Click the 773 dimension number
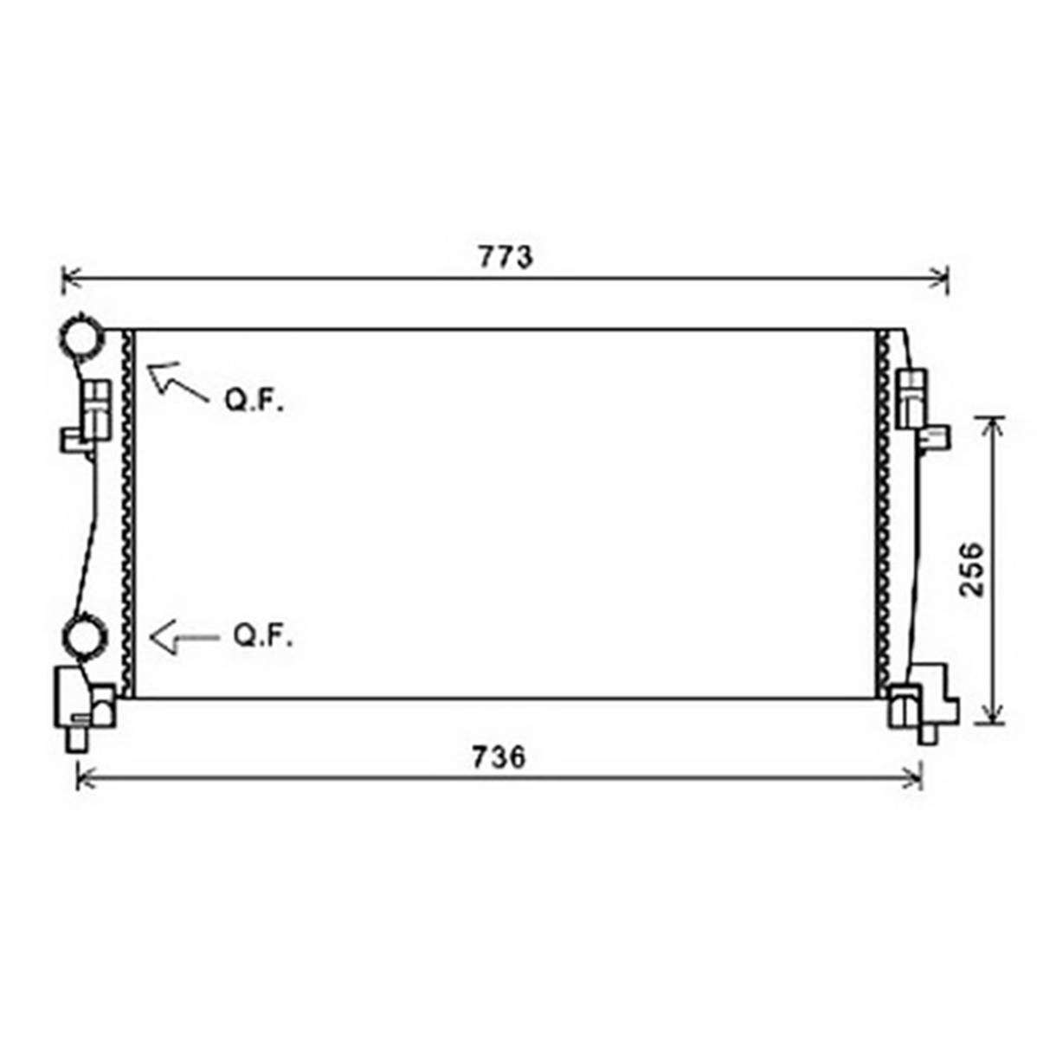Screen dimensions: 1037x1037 click(506, 257)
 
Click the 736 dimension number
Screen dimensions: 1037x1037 click(499, 757)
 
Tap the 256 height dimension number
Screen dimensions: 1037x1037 click(971, 570)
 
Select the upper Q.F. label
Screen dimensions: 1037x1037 click(254, 401)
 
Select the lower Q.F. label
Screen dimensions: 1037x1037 click(262, 636)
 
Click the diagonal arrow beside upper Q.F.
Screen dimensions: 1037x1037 click(177, 383)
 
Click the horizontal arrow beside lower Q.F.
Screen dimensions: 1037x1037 click(184, 638)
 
